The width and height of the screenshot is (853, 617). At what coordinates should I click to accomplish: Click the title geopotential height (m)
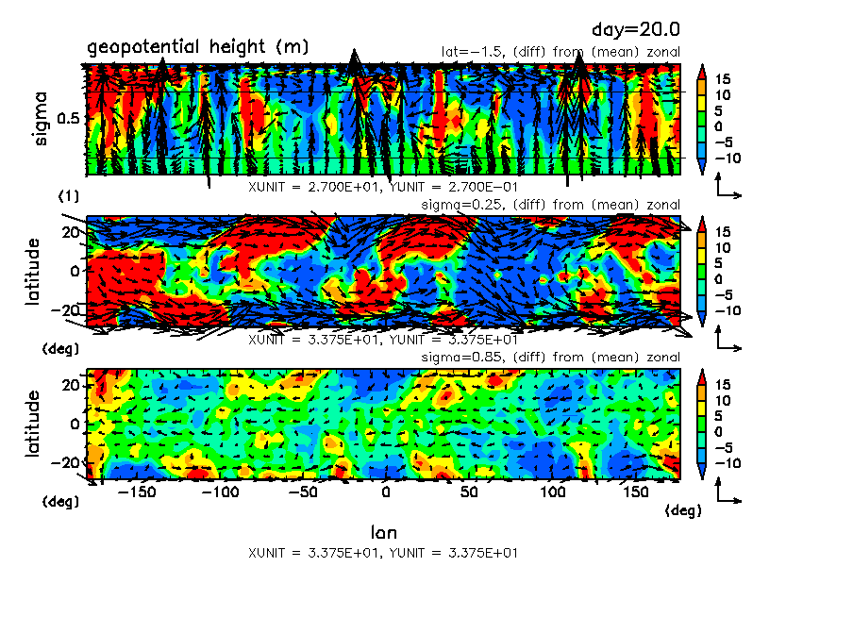click(198, 47)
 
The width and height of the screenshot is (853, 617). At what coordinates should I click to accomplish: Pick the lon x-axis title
click(384, 532)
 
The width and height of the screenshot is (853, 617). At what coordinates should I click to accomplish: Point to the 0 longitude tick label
click(385, 492)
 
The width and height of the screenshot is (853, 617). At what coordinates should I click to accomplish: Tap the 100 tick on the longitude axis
click(549, 492)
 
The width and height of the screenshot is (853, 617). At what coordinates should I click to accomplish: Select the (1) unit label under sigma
click(69, 195)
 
